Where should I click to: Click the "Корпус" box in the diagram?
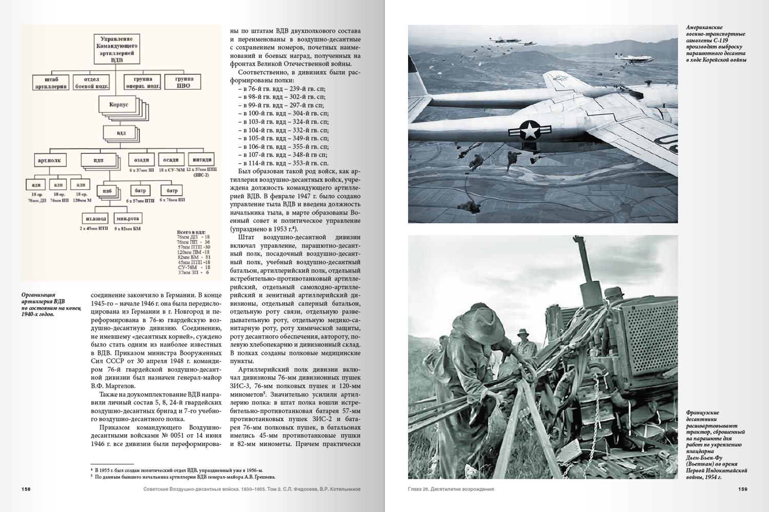tap(118, 104)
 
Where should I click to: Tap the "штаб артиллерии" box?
tap(50, 82)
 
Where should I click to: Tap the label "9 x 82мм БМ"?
tap(127, 228)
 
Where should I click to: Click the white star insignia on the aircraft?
tap(528, 131)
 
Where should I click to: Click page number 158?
tap(26, 489)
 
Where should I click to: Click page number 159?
tap(742, 489)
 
